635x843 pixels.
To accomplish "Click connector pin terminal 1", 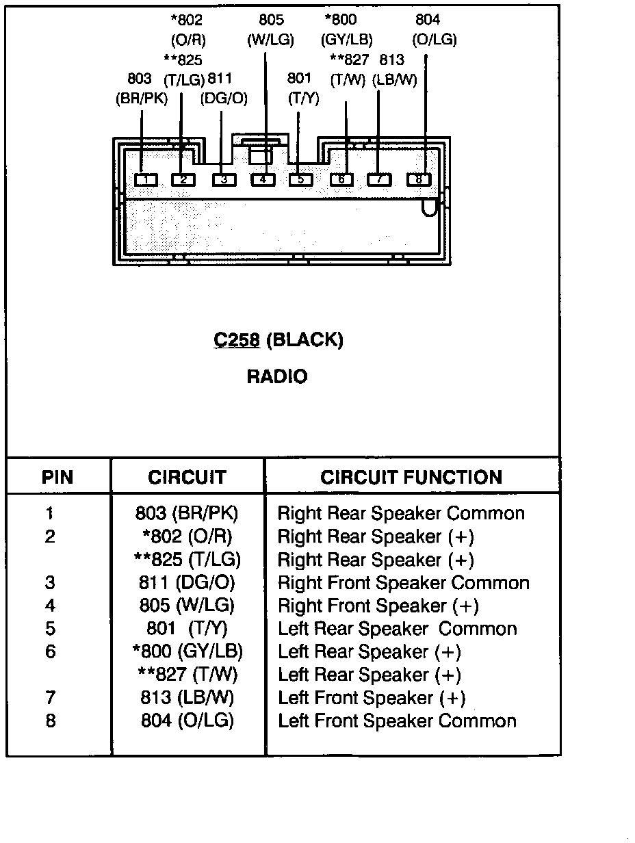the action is click(x=146, y=180).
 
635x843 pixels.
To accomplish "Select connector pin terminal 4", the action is click(x=263, y=180).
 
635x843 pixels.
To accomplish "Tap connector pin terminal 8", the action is click(x=419, y=179).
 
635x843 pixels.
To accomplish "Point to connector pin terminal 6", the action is click(x=341, y=180).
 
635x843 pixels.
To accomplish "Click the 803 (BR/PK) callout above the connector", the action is click(x=142, y=89).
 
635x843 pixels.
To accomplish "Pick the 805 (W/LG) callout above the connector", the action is click(x=271, y=29).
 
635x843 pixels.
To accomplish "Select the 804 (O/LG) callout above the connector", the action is click(x=435, y=29).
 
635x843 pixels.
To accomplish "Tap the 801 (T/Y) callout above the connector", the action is click(x=303, y=89).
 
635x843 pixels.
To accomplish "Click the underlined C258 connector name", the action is click(x=237, y=340).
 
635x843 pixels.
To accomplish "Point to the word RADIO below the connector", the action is click(x=277, y=376).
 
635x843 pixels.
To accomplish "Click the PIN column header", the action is click(x=57, y=478).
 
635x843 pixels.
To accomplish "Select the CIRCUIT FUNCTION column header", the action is click(x=411, y=478).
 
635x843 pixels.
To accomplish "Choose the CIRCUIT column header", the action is click(x=187, y=478).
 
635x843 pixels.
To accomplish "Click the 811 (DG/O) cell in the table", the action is click(x=187, y=582).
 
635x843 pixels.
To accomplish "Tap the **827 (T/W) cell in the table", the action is click(x=187, y=675).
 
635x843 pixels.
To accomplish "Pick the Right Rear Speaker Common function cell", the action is click(x=401, y=513).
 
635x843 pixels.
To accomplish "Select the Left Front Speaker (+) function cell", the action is click(x=372, y=698).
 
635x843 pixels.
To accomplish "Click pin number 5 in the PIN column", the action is click(x=50, y=629).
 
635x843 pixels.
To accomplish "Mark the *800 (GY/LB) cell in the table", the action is click(x=187, y=651).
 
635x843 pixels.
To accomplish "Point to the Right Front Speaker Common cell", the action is click(x=404, y=583).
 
